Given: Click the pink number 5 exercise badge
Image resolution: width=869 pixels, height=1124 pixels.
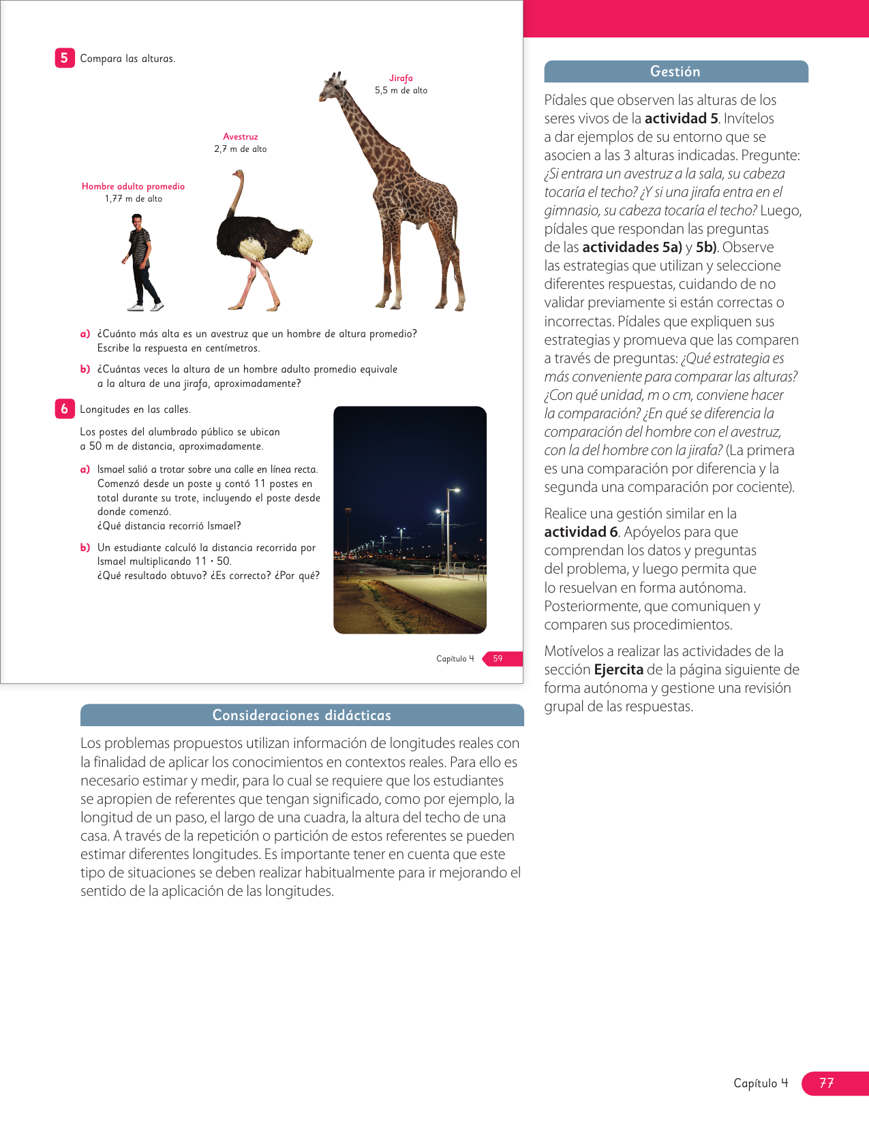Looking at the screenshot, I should coord(64,58).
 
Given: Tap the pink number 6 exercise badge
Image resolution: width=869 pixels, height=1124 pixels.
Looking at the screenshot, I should coord(64,409).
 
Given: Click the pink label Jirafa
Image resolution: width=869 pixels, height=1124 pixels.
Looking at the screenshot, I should coord(401,78).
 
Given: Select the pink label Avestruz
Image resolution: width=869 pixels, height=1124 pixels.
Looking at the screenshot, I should coord(241,137).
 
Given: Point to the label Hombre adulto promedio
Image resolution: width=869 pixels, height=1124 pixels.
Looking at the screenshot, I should coord(133,187).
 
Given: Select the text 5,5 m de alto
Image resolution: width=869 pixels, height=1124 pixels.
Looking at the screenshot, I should coord(401,91).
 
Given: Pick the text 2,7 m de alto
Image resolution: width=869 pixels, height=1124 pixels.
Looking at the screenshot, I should coord(241,149).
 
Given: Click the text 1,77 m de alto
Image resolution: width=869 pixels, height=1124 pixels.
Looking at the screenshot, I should coord(134,199).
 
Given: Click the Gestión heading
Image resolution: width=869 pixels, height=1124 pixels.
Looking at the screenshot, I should coord(675,72).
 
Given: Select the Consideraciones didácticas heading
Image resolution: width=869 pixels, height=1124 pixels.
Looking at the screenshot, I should coord(302,715).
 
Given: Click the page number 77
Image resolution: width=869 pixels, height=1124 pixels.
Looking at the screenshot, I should coord(827,1083).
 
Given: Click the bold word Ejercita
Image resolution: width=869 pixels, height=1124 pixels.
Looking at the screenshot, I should coord(618,670).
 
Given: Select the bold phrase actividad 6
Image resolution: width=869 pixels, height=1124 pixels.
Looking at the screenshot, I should coord(581,532).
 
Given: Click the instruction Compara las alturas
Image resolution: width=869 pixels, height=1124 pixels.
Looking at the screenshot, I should coord(127,59).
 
